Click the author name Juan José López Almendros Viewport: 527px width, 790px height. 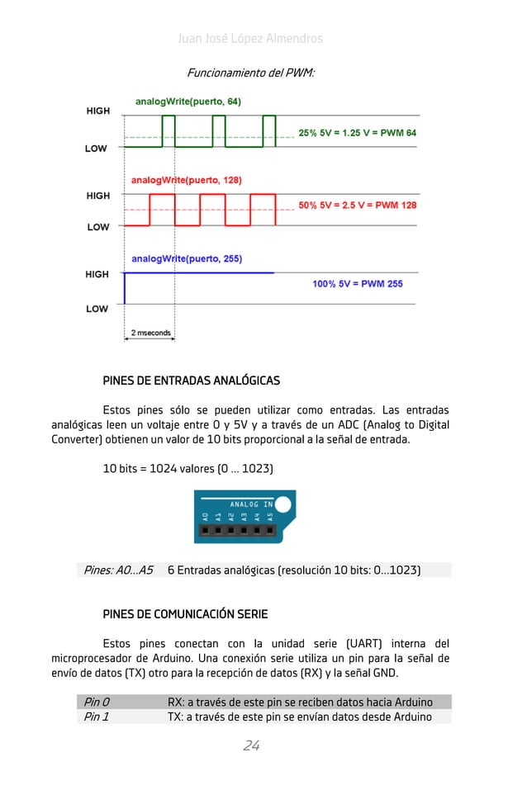coord(250,39)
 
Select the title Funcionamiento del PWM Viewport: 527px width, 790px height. coord(250,73)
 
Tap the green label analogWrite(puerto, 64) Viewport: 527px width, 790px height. coord(188,102)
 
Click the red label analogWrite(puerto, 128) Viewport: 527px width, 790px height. coord(187,179)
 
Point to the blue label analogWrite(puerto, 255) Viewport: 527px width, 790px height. coord(187,258)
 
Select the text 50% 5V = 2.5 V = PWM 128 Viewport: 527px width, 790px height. coord(357,206)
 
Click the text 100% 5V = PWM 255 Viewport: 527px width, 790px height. coord(357,284)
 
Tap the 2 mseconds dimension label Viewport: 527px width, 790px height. coord(150,334)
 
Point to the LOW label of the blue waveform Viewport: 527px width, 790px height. coord(97,310)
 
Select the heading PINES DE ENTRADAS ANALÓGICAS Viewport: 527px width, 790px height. coord(191,381)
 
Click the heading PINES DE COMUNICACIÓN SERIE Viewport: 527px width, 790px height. coord(185,615)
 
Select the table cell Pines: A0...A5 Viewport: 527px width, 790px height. coord(118,570)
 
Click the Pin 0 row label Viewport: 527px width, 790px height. coord(97,702)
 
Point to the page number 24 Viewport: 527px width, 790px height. coord(251,746)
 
